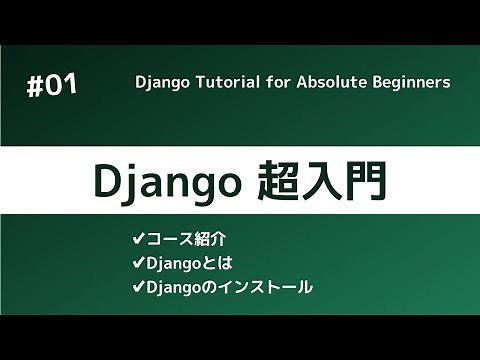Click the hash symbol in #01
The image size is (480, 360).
(x=35, y=87)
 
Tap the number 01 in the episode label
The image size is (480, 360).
(x=61, y=87)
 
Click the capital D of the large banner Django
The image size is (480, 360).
(x=107, y=181)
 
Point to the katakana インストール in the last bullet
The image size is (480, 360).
(x=266, y=287)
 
